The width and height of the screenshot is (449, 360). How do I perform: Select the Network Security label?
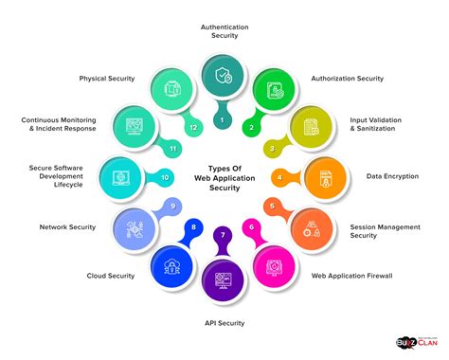[x=68, y=227]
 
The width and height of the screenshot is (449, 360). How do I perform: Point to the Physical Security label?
[x=107, y=78]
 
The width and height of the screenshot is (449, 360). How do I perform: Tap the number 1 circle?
[x=222, y=120]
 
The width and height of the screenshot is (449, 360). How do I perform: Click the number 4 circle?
[x=278, y=177]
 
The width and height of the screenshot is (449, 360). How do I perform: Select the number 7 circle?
[x=223, y=233]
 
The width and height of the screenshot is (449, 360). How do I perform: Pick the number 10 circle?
[x=165, y=176]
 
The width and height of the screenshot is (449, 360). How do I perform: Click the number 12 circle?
[x=193, y=127]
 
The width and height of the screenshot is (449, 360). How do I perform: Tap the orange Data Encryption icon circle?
[x=324, y=176]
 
